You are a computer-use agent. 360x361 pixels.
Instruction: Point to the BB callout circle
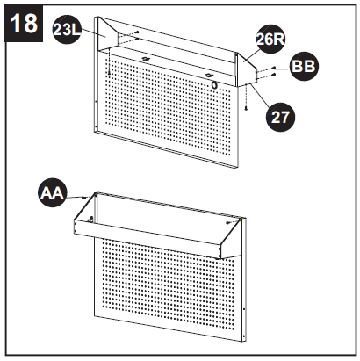pyautogui.click(x=304, y=66)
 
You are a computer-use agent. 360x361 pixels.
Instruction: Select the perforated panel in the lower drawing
pyautogui.click(x=167, y=290)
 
